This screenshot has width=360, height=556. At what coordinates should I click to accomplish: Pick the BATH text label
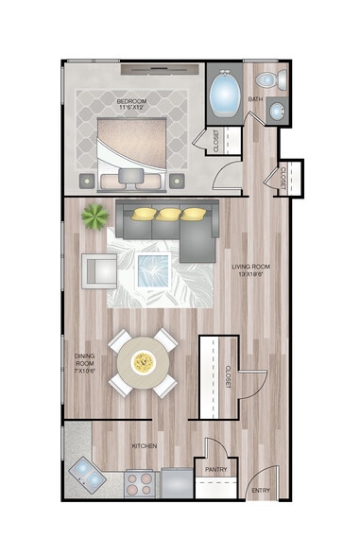255,98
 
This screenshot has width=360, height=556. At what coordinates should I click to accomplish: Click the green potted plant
94,217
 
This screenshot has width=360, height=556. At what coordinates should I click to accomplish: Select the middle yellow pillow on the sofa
168,215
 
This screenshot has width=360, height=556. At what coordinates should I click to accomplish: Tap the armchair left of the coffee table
98,270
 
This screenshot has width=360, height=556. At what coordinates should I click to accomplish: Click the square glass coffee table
152,269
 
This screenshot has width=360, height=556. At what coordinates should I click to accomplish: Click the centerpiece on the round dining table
143,361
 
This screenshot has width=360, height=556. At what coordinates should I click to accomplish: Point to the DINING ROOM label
85,360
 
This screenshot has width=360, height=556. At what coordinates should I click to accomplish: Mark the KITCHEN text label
144,445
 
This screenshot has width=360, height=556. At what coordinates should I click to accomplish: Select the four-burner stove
140,483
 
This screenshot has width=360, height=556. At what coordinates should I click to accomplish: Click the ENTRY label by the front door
260,490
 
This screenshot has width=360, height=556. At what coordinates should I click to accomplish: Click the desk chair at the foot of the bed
130,177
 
